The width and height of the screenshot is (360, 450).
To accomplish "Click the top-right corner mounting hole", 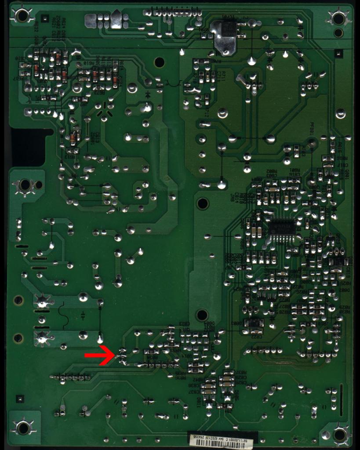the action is point(338,18).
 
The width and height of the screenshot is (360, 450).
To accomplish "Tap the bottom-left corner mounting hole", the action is point(23,427).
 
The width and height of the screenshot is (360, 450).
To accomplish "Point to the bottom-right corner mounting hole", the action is point(339,435).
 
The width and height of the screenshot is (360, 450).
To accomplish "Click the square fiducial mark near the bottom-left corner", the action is point(20,398).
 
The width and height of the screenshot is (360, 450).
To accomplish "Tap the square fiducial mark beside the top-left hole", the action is point(44,18).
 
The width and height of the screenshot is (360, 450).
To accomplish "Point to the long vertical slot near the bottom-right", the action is point(342,400).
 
